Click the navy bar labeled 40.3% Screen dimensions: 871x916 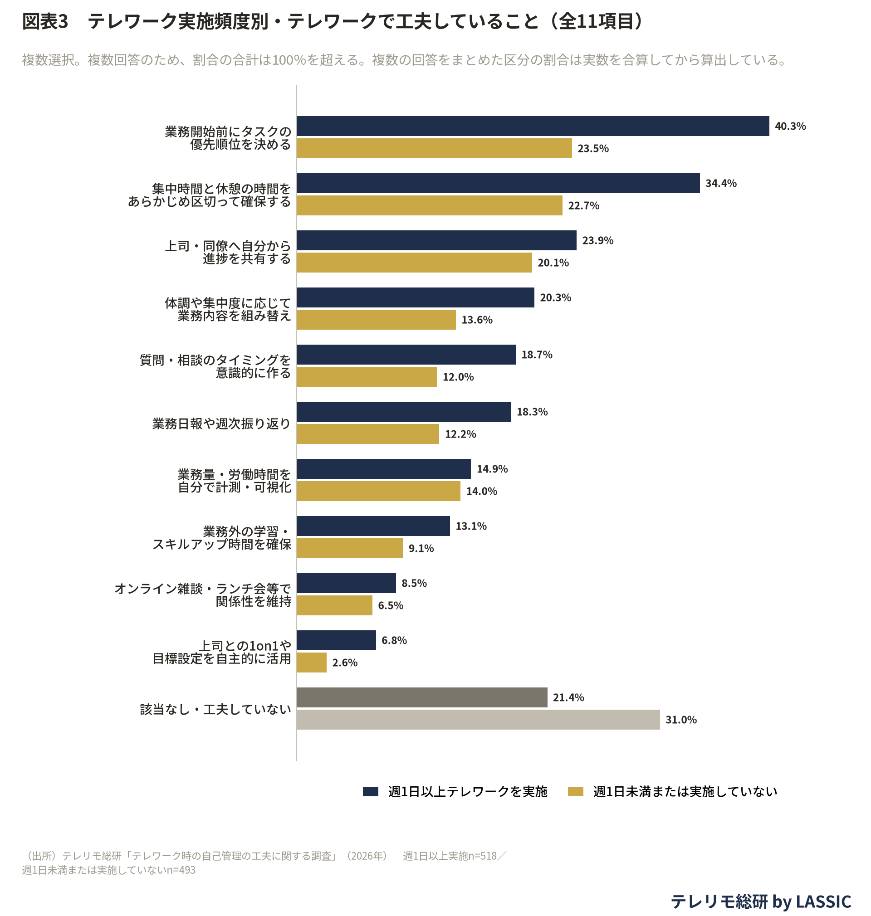(533, 126)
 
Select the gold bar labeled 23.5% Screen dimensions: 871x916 (435, 148)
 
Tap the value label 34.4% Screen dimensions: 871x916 (721, 183)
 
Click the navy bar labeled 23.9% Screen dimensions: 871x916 (437, 240)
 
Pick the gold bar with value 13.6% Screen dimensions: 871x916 (377, 320)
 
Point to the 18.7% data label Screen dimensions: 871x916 (537, 355)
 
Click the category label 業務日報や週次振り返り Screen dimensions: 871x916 (221, 423)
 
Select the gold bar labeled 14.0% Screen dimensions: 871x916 (379, 491)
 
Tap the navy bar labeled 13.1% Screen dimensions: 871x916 (374, 526)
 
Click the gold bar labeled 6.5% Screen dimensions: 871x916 (335, 605)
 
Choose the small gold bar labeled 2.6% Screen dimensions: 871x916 (312, 662)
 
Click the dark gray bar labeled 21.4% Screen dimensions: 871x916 (422, 697)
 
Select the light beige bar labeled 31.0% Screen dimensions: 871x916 (479, 719)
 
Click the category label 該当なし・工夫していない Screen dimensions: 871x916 (215, 709)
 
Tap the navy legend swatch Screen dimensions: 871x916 (371, 792)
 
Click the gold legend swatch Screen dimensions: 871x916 (576, 792)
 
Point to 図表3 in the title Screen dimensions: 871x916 (45, 21)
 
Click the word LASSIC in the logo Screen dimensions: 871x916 (824, 901)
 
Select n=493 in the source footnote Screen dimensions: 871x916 (181, 870)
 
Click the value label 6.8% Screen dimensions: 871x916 (394, 640)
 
